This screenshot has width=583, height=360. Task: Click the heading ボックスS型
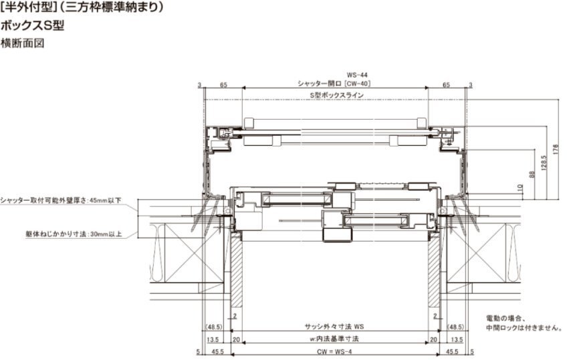coord(32,25)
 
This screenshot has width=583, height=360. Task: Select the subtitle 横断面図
coord(22,43)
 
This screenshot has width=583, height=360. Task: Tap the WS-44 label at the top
coord(357,75)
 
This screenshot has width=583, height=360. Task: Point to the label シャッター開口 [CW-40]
coord(334,84)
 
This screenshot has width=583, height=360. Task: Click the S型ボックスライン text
coord(336,95)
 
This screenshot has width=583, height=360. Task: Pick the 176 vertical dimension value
coord(556,149)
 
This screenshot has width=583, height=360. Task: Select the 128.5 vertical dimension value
coord(544,163)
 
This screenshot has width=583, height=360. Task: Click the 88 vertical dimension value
coord(532,174)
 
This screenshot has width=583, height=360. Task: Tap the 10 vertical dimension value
coord(520,189)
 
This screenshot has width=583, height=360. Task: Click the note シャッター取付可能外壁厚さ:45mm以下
coord(61,200)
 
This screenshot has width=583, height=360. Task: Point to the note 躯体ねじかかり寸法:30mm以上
coord(74,234)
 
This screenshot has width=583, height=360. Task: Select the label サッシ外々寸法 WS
coord(334,327)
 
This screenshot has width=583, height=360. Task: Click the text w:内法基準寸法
coord(334,339)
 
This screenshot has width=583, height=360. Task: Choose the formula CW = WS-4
coord(334,352)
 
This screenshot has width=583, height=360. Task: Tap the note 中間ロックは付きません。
coord(524,328)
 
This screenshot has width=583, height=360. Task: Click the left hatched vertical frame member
coord(236,271)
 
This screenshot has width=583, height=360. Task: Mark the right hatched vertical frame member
coord(434,271)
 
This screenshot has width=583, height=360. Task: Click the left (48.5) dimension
coord(214,327)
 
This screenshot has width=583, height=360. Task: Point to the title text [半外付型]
coord(27,7)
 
